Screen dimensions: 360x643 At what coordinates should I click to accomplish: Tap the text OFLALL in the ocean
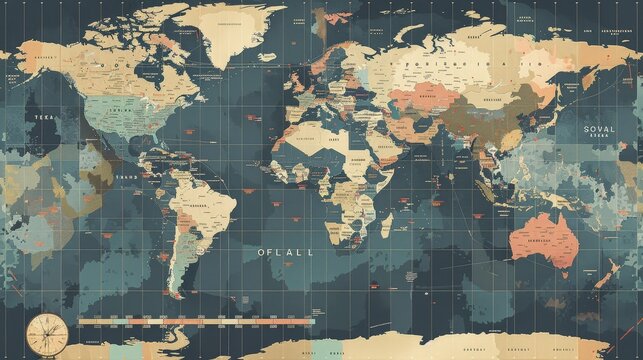coord(285,253)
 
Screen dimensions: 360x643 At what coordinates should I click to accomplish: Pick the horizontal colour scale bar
coord(195,322)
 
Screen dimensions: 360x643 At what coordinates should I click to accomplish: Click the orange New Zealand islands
coord(606,272)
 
